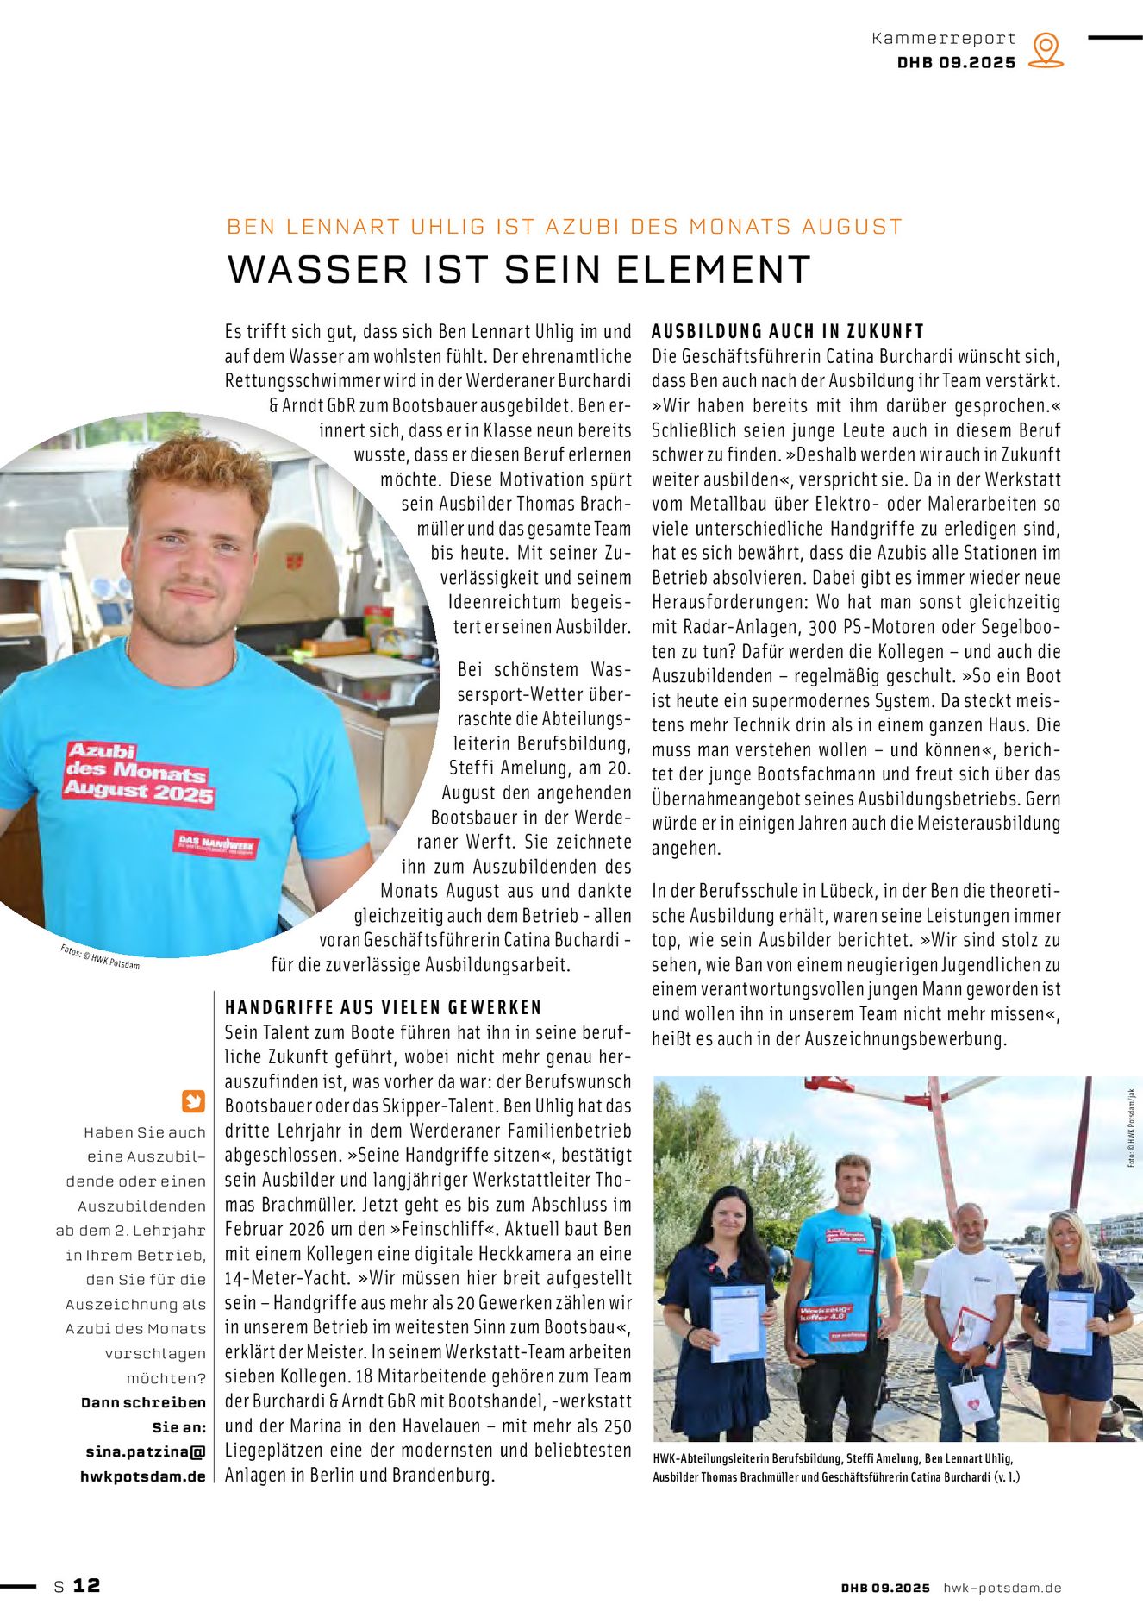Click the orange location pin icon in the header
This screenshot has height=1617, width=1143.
click(1046, 50)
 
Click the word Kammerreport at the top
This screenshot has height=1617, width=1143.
click(944, 39)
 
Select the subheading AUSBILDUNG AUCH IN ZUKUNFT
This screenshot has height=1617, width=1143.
click(788, 331)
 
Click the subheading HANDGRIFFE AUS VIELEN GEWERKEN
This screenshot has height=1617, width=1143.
click(384, 1007)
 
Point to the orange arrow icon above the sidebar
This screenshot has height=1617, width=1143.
click(193, 1101)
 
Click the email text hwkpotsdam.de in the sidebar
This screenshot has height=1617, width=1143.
click(143, 1476)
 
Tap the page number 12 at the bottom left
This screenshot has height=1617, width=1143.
click(86, 1585)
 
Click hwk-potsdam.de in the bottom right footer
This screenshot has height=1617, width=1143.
click(1002, 1588)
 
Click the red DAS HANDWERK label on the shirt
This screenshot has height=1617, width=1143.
click(216, 845)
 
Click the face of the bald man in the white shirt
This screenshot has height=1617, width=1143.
click(970, 1226)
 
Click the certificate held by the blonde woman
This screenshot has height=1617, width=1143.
click(1070, 1322)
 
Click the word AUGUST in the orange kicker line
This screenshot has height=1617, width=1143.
click(852, 227)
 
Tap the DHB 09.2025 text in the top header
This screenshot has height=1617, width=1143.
click(956, 63)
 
